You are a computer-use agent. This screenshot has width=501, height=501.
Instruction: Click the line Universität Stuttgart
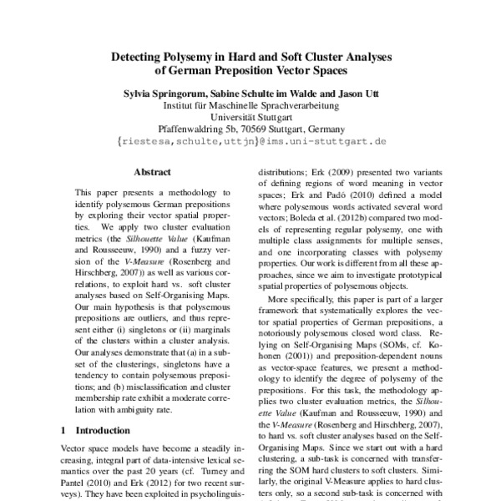pos(250,118)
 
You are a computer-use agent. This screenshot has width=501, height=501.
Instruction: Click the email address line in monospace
pos(250,142)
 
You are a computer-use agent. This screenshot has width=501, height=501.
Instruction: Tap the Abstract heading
pos(152,173)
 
